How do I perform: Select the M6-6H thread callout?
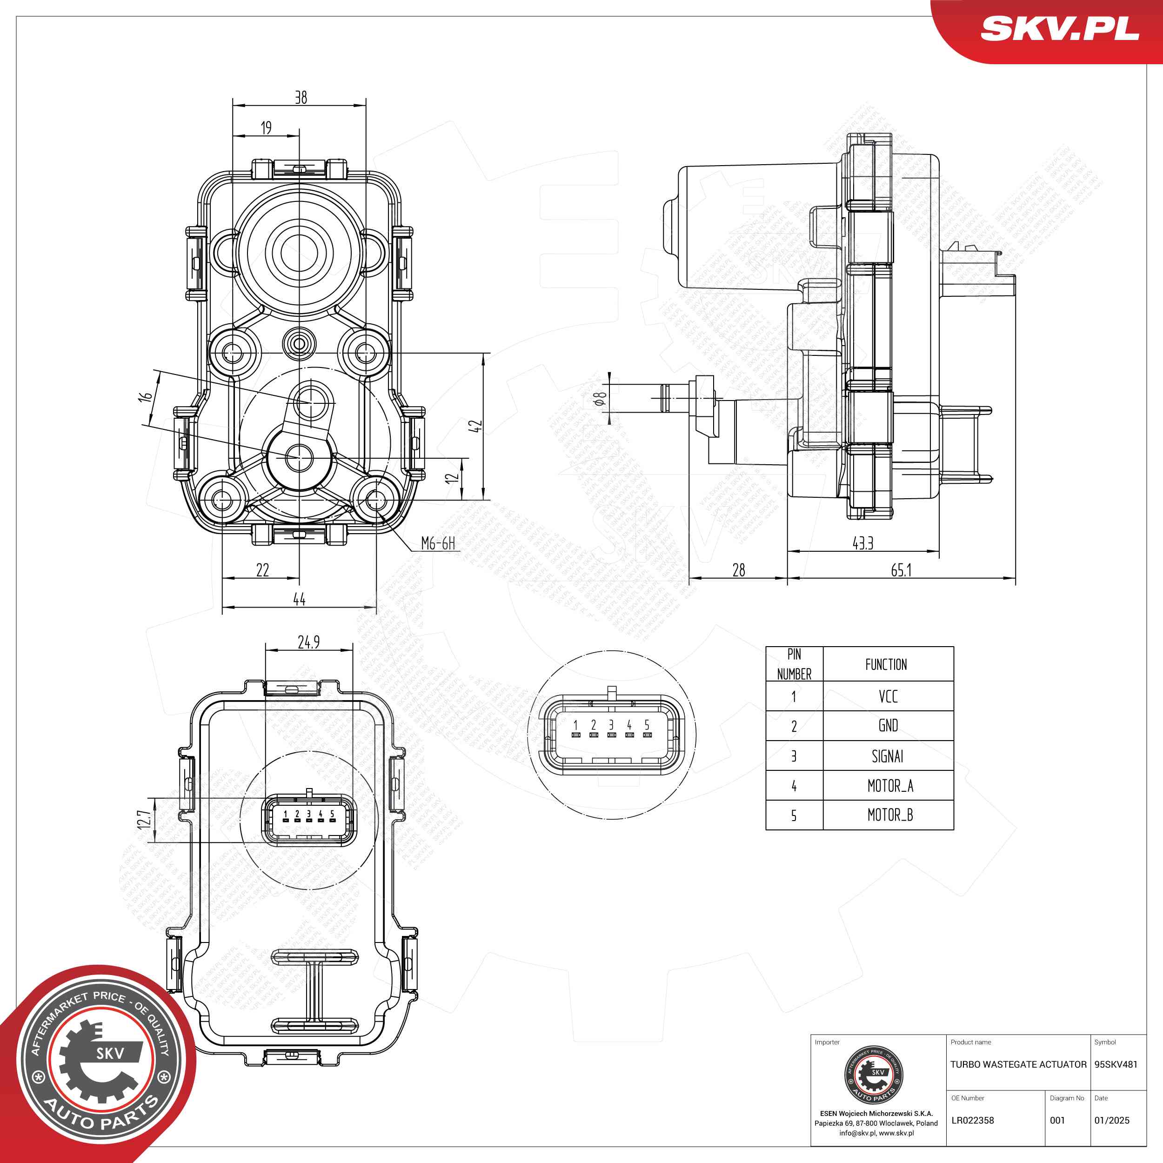[438, 543]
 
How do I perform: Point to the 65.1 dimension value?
[901, 570]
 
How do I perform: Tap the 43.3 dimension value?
[862, 543]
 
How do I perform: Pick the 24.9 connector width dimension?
[309, 642]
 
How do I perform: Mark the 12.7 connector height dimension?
[144, 819]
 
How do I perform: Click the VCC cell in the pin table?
[888, 696]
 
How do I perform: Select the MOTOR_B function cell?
[890, 815]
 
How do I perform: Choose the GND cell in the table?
[888, 726]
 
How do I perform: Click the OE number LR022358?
[972, 1120]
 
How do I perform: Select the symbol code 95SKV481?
[1116, 1064]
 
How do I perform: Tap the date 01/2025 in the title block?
[1112, 1120]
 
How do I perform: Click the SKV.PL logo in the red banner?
[1060, 28]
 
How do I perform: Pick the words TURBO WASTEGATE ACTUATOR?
[1018, 1064]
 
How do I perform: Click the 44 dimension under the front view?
[299, 599]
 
